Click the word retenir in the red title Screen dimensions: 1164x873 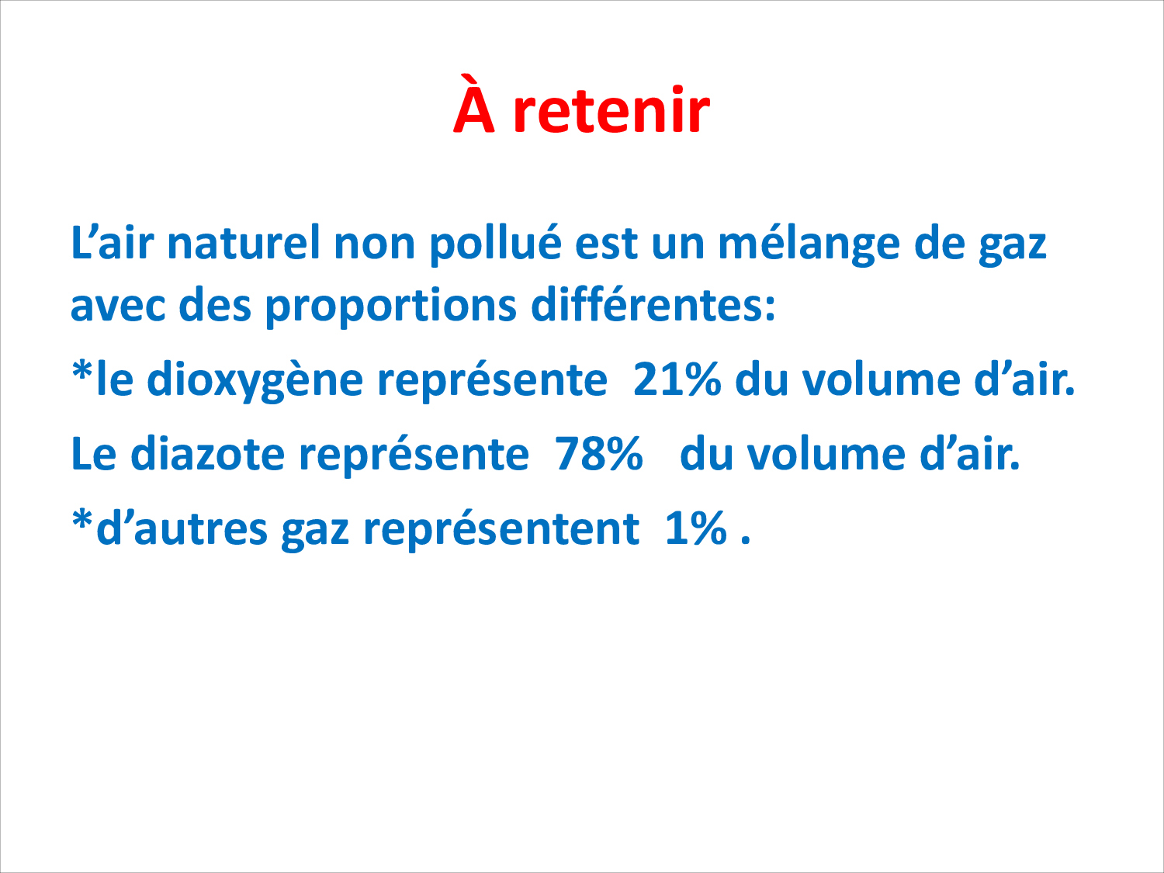pos(611,109)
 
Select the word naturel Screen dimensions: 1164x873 pos(244,242)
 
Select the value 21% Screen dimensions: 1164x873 pos(677,379)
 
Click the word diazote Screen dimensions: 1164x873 pos(207,453)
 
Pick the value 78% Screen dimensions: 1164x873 pos(599,454)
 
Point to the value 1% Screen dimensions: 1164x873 pos(695,528)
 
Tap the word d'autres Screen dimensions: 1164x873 pos(182,528)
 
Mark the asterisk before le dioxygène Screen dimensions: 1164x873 pos(81,370)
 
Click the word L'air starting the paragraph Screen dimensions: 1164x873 pos(113,242)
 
